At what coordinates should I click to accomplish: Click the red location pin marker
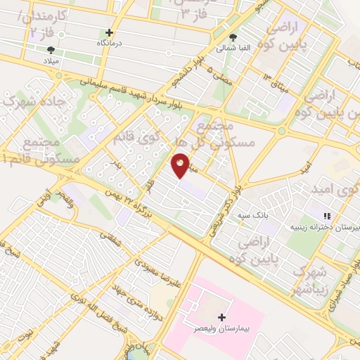tap(181, 164)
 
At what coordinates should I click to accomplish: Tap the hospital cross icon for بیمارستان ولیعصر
tap(223, 318)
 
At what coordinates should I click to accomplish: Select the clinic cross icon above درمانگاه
tap(109, 32)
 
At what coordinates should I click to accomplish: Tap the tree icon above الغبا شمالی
tap(233, 38)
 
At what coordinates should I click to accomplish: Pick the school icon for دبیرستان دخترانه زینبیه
tap(325, 215)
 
